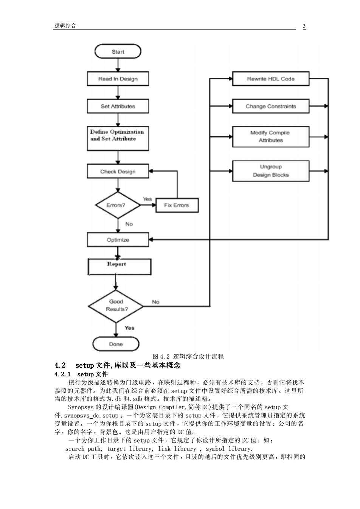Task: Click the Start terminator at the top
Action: click(118, 51)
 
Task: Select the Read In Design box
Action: click(118, 79)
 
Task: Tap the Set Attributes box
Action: click(118, 106)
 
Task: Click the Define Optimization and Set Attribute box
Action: click(118, 138)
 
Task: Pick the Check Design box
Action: click(118, 171)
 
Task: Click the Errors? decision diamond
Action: click(118, 205)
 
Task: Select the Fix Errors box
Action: click(177, 205)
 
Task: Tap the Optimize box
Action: click(118, 240)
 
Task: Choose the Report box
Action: click(119, 267)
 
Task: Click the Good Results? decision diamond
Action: click(116, 306)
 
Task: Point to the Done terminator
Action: click(116, 344)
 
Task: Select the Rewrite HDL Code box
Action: click(271, 79)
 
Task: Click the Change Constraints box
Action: click(271, 106)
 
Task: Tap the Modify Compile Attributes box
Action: click(271, 136)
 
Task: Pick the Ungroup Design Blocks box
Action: click(271, 171)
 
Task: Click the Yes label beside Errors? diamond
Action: click(147, 199)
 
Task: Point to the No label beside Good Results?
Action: click(155, 302)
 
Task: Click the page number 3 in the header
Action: click(304, 26)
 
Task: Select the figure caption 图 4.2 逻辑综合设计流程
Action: click(188, 356)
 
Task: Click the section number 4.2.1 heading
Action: click(62, 374)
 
